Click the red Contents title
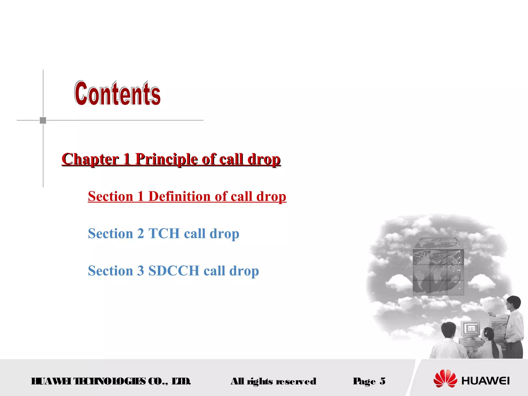(118, 93)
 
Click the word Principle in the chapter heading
(166, 159)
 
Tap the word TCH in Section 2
(164, 234)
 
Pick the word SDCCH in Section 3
(174, 271)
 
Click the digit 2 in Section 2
(141, 234)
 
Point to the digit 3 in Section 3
(141, 271)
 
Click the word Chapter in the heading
(90, 159)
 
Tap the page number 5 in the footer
(383, 381)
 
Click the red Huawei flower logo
(445, 378)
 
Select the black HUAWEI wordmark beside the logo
(485, 381)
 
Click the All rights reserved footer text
(273, 381)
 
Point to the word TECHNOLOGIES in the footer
(110, 381)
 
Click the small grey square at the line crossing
(43, 120)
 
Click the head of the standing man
(513, 303)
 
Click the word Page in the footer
(364, 381)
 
